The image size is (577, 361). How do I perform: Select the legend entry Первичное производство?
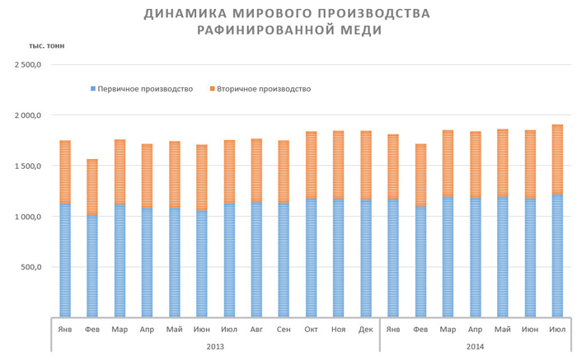(x=144, y=89)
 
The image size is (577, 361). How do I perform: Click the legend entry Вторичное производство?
(x=264, y=89)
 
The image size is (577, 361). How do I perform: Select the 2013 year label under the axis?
(x=214, y=345)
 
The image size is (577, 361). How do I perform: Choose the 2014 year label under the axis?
(x=476, y=345)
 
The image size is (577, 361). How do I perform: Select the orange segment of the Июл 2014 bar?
(x=558, y=160)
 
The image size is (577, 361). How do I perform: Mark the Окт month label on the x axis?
(x=312, y=330)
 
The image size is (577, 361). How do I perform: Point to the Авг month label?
(x=256, y=330)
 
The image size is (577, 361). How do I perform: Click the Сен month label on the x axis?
(x=284, y=330)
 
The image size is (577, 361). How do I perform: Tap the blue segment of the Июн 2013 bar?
(x=202, y=264)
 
